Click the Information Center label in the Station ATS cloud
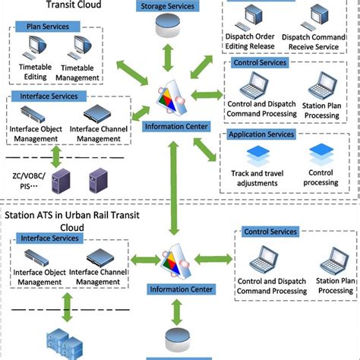click(178, 289)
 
